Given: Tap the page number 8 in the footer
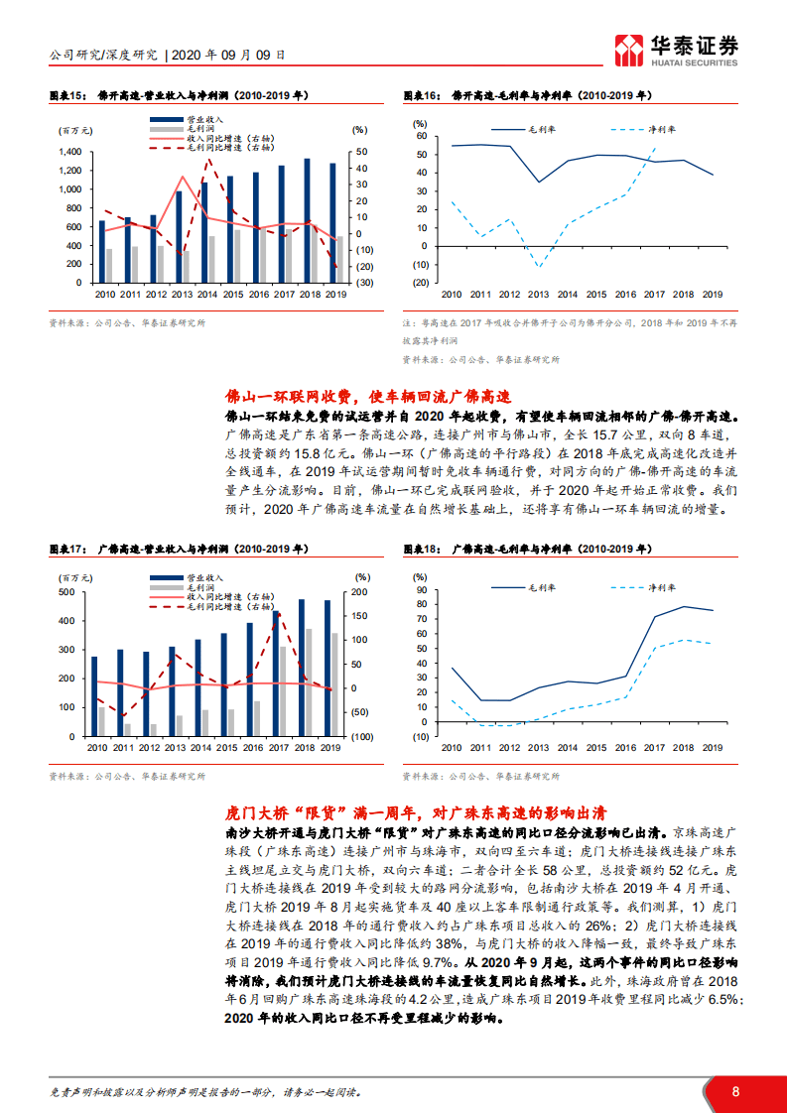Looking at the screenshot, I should click(735, 1091).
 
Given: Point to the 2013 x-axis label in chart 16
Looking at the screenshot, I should click(538, 295).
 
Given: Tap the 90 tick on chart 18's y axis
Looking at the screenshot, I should click(420, 591).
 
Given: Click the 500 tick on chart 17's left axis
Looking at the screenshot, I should click(69, 592).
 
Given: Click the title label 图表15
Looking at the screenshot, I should click(65, 96).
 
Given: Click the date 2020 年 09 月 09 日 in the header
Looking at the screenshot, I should click(229, 55).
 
